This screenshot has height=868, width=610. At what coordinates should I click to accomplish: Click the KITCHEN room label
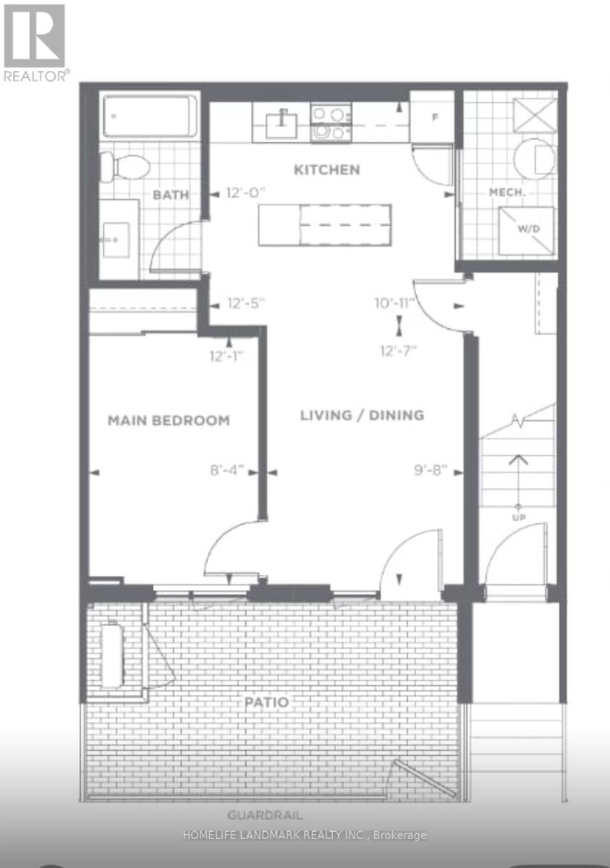[x=326, y=170]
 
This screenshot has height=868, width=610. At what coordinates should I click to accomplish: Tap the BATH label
[x=171, y=195]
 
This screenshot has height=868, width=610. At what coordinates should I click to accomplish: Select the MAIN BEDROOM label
[x=169, y=420]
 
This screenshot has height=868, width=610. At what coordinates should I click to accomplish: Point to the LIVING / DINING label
[x=362, y=415]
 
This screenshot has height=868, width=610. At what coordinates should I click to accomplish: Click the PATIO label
[x=266, y=702]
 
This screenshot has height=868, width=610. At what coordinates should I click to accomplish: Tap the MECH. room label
[x=507, y=192]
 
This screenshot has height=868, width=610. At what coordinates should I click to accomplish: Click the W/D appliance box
[x=526, y=231]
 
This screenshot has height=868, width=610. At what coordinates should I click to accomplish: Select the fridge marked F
[x=432, y=116]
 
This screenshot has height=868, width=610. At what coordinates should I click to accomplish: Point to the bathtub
[x=150, y=116]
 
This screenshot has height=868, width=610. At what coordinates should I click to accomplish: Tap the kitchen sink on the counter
[x=281, y=124]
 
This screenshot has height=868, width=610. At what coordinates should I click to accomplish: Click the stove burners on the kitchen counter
[x=331, y=123]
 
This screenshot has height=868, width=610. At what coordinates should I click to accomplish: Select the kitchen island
[x=325, y=225]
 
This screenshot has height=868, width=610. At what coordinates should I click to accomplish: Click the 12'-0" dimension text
[x=246, y=192]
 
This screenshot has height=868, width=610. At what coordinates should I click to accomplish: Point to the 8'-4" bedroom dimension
[x=226, y=470]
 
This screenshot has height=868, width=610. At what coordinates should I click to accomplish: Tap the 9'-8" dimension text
[x=431, y=470]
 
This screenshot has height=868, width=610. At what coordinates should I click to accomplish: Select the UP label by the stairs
[x=518, y=518]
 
